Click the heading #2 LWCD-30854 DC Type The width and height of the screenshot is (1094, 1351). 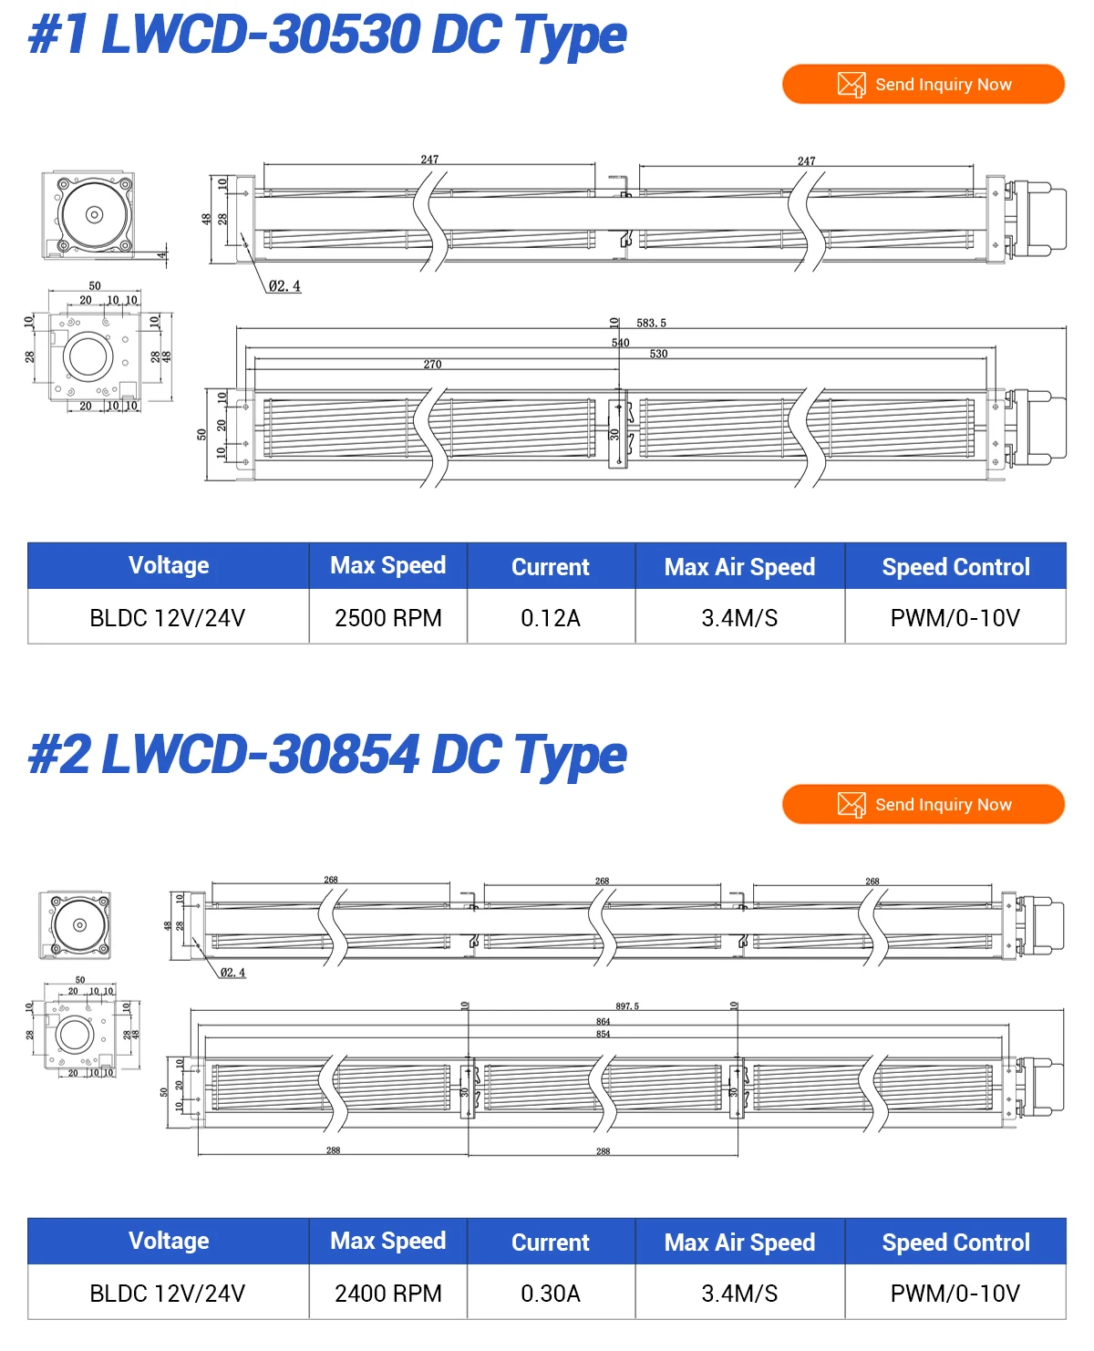pos(326,755)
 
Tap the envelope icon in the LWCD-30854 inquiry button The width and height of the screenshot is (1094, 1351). pos(851,805)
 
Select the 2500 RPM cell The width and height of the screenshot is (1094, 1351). pos(387,618)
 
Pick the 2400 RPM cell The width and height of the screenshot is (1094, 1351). pos(387,1294)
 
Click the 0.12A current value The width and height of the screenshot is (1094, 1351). pos(550,618)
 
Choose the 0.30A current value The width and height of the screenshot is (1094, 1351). pos(550,1294)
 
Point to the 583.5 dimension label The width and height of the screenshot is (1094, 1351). pos(651,324)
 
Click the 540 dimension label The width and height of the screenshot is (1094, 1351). pos(620,343)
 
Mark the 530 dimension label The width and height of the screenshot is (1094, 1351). pos(658,354)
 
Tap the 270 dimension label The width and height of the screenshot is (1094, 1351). pos(432,365)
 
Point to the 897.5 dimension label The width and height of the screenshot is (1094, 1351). pos(627,1006)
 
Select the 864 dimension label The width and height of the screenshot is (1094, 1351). pos(603,1022)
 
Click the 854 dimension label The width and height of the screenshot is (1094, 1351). pos(603,1034)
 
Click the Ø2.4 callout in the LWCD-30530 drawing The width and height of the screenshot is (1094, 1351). pos(284,286)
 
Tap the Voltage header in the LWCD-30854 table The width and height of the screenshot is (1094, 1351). pos(169,1242)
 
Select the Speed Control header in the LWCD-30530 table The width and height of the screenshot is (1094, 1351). pos(955,567)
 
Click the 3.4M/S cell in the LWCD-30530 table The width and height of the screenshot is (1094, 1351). pos(739,618)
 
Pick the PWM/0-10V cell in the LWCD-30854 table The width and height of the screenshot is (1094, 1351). pos(955,1294)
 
